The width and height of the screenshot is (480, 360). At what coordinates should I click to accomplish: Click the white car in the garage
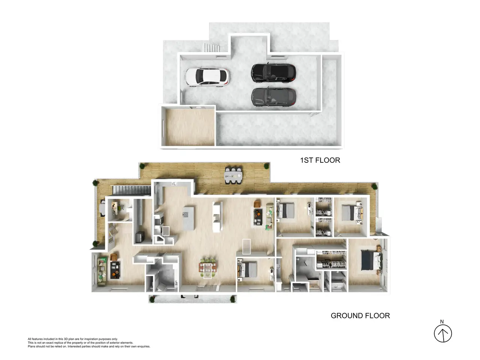[x=207, y=77]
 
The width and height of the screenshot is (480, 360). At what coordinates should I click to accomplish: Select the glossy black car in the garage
[x=273, y=73]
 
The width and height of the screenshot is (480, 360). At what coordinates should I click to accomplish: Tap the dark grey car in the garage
[x=274, y=97]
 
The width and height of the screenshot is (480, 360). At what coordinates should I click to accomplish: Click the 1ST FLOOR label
[x=320, y=160]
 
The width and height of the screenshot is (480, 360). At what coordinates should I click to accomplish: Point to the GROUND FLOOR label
[x=360, y=316]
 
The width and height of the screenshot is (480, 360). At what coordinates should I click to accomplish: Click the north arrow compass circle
[x=443, y=333]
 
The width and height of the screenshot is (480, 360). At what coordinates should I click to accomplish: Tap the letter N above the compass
[x=442, y=321]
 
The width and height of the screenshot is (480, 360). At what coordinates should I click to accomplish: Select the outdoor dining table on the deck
[x=233, y=175]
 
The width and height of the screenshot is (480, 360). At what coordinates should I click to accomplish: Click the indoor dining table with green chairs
[x=207, y=268]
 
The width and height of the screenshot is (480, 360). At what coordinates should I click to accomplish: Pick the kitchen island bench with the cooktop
[x=188, y=218]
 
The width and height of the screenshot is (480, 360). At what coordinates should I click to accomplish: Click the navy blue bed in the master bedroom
[x=371, y=260]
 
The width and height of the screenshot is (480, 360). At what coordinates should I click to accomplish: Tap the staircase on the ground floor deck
[x=132, y=190]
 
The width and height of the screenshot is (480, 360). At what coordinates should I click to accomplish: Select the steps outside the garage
[x=212, y=47]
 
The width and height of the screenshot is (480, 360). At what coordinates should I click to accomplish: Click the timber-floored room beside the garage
[x=190, y=127]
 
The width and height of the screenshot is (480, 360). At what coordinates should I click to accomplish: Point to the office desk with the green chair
[x=117, y=208]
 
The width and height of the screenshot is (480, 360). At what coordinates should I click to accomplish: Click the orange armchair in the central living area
[x=257, y=204]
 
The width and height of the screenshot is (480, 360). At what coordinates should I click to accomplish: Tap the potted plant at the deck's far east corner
[x=374, y=187]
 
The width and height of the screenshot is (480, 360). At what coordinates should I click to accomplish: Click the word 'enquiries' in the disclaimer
[x=144, y=346]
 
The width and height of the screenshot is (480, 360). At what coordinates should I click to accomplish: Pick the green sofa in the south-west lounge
[x=102, y=271]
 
